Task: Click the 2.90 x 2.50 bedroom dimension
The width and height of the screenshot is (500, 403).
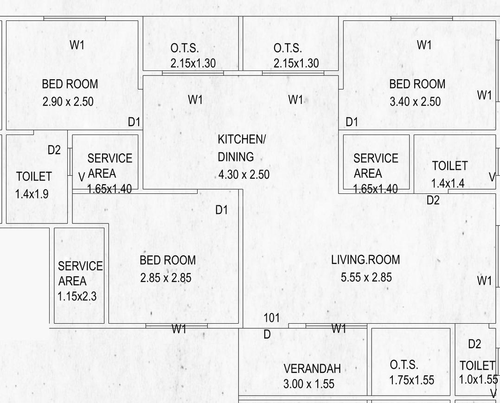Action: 68,102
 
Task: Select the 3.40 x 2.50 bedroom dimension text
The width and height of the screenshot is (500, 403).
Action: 415,102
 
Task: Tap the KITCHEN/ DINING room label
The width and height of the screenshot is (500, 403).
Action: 241,148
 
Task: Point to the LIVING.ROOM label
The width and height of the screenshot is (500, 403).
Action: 365,260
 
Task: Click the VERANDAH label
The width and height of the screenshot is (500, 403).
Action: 312,369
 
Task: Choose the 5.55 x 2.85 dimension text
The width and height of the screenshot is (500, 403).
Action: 366,278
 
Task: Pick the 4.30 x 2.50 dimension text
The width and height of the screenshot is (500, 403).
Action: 244,175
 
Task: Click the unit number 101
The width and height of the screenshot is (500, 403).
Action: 272,318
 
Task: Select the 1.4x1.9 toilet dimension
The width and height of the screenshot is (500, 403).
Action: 32,194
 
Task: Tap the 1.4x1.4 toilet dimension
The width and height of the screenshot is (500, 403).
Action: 448,184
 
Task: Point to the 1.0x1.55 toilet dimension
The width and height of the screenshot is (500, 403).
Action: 478,379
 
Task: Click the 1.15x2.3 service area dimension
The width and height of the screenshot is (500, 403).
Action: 77,296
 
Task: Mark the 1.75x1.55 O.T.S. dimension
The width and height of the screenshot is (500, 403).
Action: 412,380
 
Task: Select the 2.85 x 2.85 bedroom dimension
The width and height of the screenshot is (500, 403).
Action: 166,278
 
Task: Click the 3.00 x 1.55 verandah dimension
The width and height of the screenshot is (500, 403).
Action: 308,384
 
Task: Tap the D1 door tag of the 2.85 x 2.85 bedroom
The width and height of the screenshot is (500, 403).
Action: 222,210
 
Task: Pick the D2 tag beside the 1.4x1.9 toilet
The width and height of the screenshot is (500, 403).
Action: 54,150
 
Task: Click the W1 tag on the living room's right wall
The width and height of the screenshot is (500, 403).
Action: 484,281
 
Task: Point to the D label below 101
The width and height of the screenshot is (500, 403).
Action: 267,334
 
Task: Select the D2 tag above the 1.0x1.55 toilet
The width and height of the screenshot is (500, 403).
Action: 474,344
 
